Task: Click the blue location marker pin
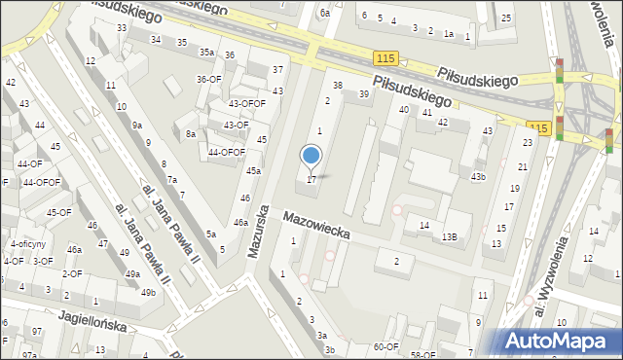[x=311, y=157]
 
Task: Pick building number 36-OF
[x=208, y=79]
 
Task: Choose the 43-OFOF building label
[x=246, y=103]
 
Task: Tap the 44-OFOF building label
[x=226, y=152]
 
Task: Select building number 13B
[x=449, y=236]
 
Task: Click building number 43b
[x=478, y=176]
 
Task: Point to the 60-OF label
[x=385, y=346]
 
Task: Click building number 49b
[x=147, y=292]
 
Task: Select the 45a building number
[x=253, y=171]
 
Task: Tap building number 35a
[x=206, y=52]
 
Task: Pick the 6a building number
[x=326, y=14]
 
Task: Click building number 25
[x=506, y=18]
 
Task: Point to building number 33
[x=122, y=27]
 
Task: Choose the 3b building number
[x=330, y=350]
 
